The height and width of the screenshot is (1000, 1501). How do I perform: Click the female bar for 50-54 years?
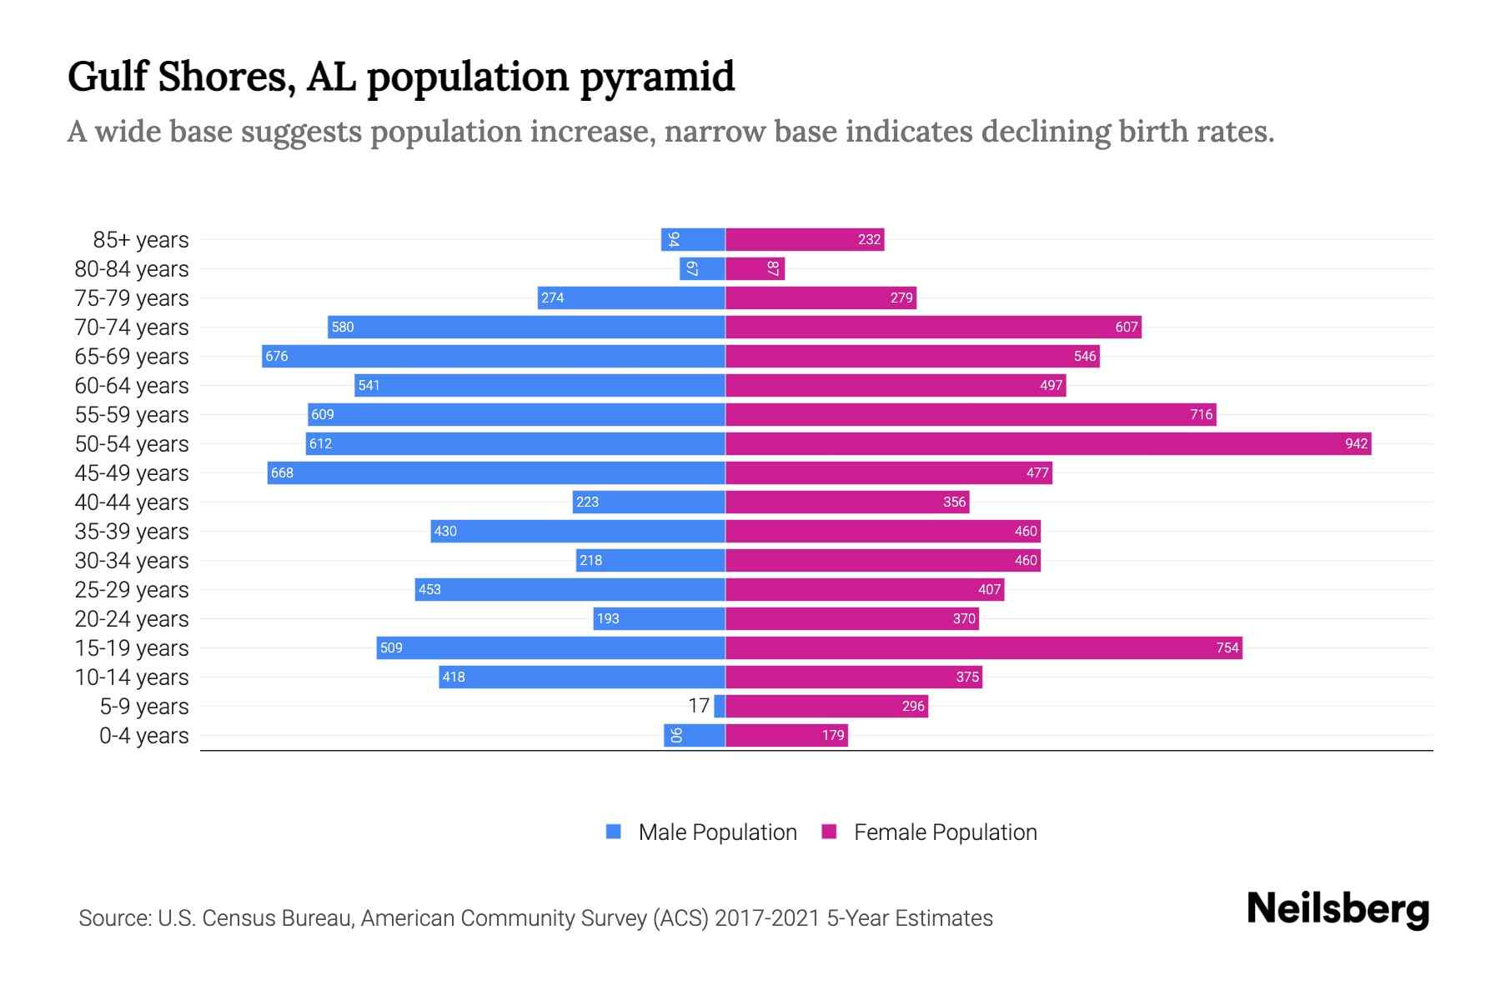click(1048, 443)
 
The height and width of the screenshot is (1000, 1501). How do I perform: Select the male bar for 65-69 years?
click(494, 356)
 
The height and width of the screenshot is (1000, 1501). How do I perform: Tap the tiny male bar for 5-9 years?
click(720, 706)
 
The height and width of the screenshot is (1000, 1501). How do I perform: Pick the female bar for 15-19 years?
click(984, 647)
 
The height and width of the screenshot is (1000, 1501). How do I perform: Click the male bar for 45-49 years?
click(496, 472)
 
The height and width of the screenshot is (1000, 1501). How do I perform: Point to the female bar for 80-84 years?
click(755, 268)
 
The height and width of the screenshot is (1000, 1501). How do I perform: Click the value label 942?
click(1356, 443)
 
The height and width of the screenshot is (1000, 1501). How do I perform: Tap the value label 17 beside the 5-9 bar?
click(699, 706)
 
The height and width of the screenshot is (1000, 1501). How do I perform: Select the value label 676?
click(277, 356)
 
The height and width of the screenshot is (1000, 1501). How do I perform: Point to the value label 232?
click(869, 239)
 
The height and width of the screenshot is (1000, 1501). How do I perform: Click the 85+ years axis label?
click(141, 239)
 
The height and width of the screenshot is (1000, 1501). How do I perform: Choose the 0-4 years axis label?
click(143, 735)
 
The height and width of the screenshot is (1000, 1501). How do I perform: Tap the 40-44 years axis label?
click(132, 502)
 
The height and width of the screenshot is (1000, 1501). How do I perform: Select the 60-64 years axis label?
click(132, 385)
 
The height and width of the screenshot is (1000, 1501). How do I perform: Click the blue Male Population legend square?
click(614, 832)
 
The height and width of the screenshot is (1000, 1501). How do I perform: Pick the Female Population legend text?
click(945, 832)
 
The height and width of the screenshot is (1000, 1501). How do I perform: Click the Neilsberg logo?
click(1338, 908)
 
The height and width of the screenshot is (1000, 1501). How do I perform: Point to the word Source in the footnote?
click(114, 917)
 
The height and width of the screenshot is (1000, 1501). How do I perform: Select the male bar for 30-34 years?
click(650, 560)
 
